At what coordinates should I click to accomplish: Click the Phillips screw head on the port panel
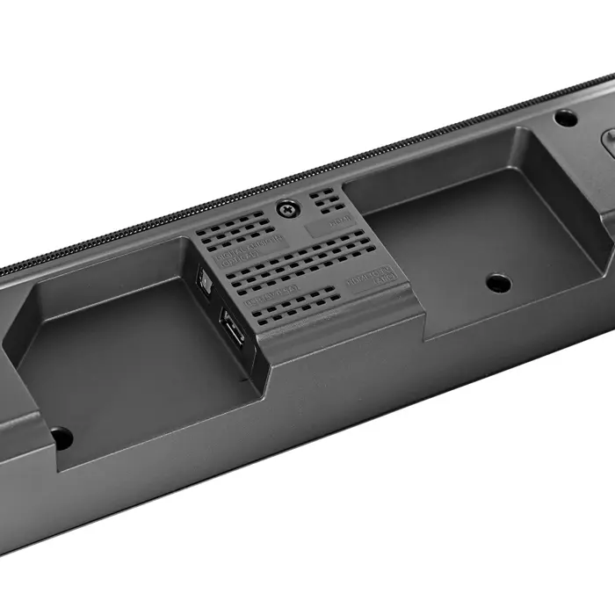coord(286,209)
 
